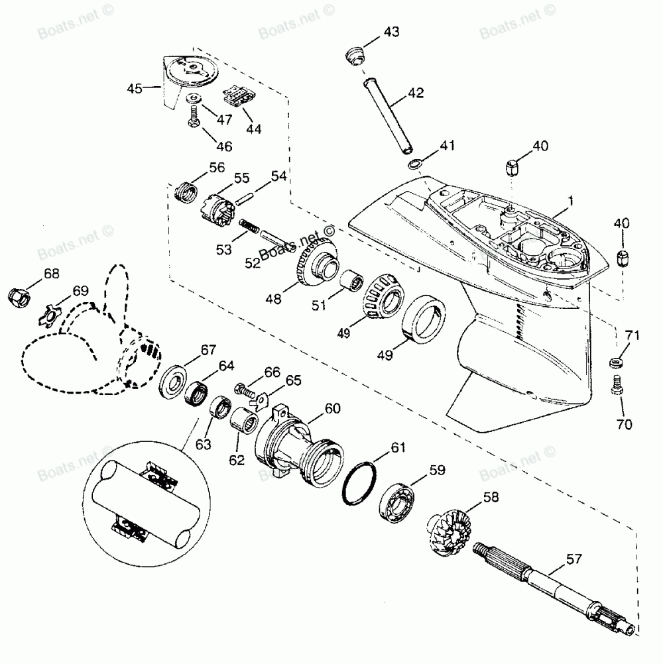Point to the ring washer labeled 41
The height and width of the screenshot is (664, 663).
pos(413,164)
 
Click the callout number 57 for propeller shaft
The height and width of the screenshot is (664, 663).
pos(574,559)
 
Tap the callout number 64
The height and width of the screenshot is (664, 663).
pos(227,365)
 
